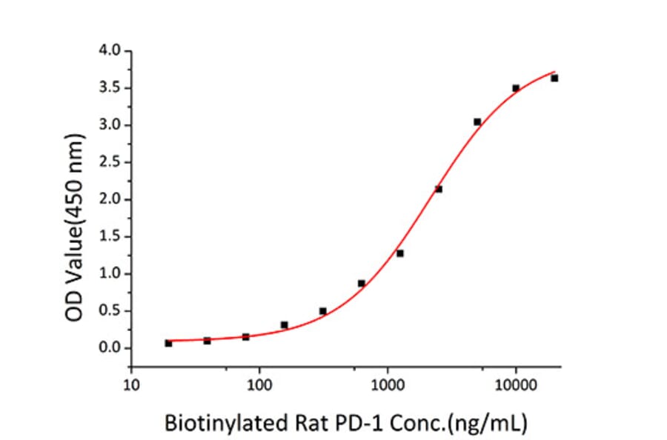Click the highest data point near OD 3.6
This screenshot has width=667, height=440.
(554, 78)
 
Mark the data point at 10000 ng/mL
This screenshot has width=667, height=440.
(516, 88)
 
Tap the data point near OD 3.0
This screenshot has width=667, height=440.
(477, 121)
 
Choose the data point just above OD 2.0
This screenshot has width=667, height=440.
(439, 189)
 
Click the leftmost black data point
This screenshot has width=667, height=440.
(168, 343)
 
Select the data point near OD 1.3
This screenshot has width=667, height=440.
(400, 253)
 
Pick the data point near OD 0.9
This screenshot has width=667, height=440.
(362, 283)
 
